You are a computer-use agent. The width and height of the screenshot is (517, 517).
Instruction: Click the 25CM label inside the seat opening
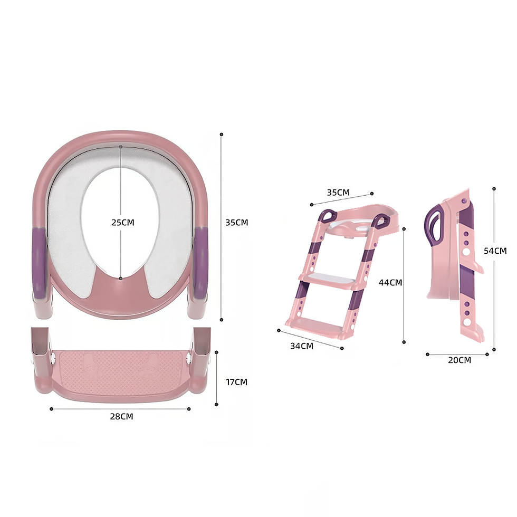click(x=122, y=223)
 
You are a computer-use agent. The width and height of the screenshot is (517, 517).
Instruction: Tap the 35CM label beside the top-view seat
click(x=236, y=223)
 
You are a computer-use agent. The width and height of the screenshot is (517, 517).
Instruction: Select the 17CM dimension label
click(x=236, y=382)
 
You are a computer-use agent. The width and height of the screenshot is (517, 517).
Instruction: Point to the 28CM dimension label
click(x=121, y=416)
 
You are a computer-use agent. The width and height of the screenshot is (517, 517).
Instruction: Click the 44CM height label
click(x=390, y=283)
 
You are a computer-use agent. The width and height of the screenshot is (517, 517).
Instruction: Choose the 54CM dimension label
click(x=495, y=251)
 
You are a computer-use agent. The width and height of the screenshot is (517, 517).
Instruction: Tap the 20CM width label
click(x=459, y=360)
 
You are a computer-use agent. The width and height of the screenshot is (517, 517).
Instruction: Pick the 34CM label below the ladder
click(x=302, y=346)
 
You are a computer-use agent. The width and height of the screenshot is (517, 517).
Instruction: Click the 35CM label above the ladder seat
click(x=338, y=192)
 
